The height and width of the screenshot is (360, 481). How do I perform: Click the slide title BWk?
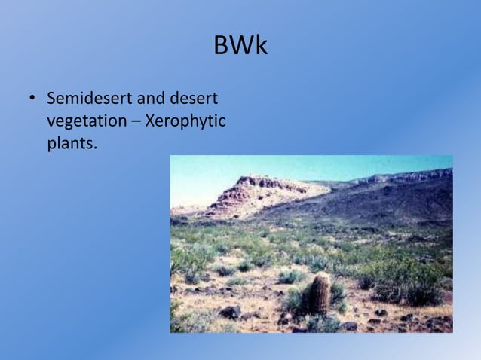coord(240,46)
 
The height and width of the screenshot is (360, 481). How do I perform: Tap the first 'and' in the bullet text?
coord(151,99)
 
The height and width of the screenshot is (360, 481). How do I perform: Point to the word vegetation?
coord(84,121)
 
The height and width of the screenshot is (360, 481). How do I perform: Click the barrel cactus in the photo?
coord(320,292)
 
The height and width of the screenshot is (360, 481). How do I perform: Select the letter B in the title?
coord(221,46)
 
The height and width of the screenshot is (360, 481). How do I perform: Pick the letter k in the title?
coord(261,46)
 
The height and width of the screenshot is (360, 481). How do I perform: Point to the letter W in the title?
coord(240,46)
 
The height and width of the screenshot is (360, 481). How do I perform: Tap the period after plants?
coord(96,148)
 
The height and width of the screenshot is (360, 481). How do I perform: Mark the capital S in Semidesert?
coord(52,99)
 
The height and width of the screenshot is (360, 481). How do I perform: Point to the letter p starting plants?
coord(51,145)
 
